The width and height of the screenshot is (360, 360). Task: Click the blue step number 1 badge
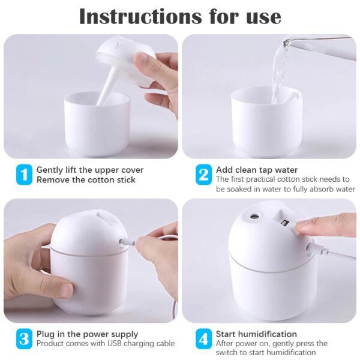tap(23, 175)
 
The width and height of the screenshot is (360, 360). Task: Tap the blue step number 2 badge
tap(203, 175)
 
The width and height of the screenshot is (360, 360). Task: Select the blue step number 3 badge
tap(23, 339)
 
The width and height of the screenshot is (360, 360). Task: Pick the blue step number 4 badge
tap(203, 339)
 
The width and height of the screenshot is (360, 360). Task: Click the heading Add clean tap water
tap(256, 170)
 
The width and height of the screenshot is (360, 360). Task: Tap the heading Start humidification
tap(256, 334)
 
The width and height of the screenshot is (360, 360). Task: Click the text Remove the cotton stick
tap(86, 179)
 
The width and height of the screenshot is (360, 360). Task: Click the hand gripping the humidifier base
tap(30, 264)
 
